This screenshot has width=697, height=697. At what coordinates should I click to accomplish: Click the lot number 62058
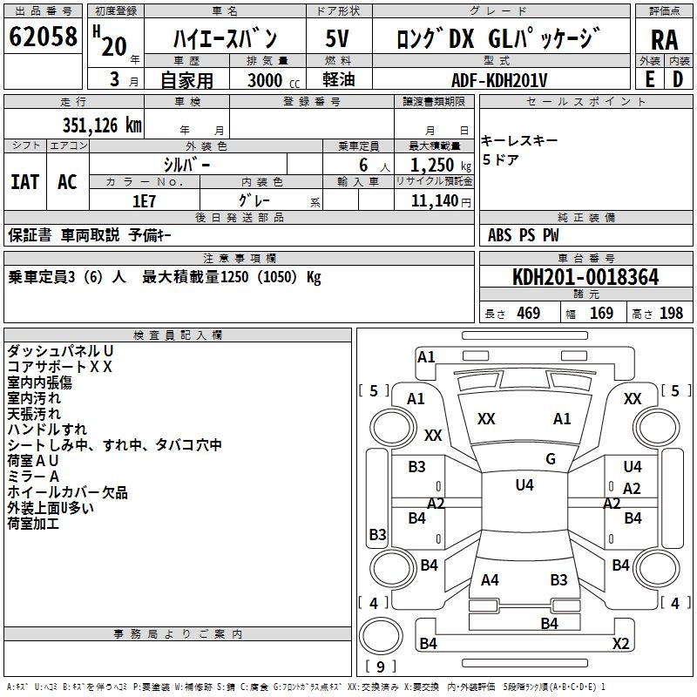pos(43,38)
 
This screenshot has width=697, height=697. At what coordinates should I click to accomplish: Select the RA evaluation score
pos(664,39)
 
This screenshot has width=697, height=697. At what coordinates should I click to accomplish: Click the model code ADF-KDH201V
pos(499,79)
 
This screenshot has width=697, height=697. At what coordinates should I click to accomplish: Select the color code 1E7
pos(143,200)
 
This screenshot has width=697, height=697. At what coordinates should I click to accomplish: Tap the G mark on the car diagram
pos(551,458)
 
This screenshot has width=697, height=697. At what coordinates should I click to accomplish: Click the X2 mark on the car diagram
pos(620,644)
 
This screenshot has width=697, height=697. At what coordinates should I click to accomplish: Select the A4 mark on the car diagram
pos(490,579)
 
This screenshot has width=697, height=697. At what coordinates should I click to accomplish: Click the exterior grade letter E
pos(649,78)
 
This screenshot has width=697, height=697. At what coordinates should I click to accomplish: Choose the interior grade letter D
pos(678,78)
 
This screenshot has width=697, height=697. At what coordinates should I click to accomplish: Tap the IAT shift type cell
pos(25,182)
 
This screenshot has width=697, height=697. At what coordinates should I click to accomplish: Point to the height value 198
pos(671,313)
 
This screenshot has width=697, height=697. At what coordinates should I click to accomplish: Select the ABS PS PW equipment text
pos(523,235)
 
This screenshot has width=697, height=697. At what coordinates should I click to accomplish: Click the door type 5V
pos(338,38)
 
